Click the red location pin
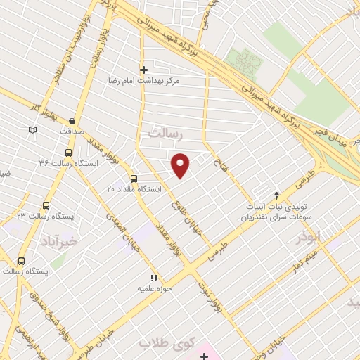[x=181, y=165]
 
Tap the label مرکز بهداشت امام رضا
[x=144, y=82]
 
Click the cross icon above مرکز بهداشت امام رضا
[x=144, y=70]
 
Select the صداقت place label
[x=72, y=131]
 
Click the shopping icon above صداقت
[x=72, y=120]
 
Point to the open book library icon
[x=32, y=130]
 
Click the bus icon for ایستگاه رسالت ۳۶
[x=68, y=152]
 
